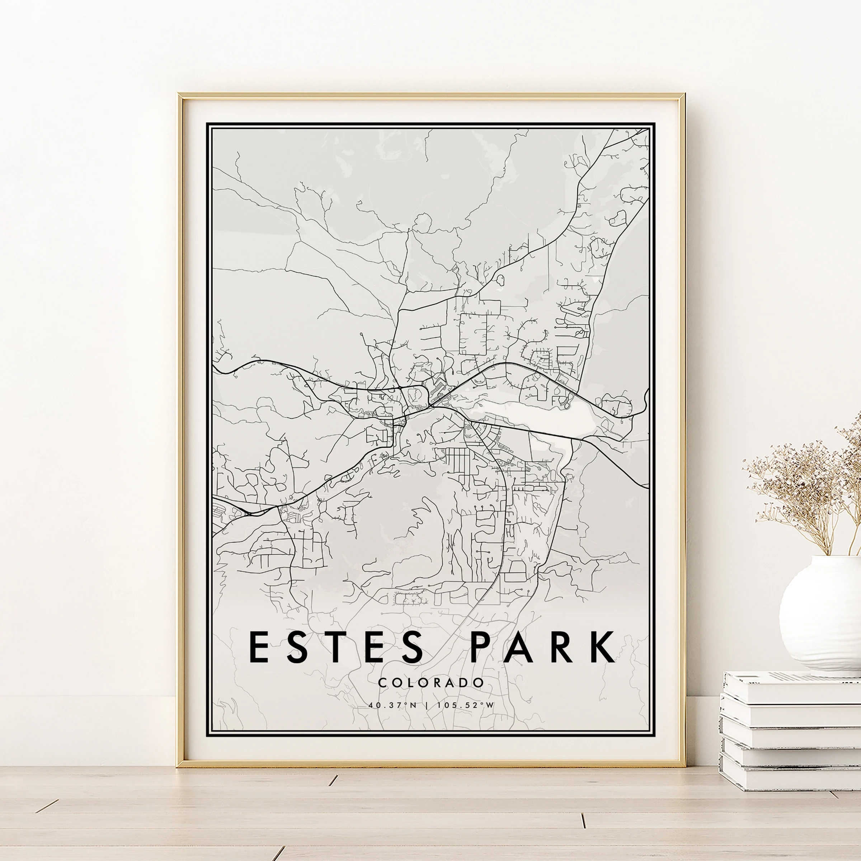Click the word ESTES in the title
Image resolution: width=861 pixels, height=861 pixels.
(337, 646)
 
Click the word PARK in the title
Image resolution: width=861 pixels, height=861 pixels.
(543, 646)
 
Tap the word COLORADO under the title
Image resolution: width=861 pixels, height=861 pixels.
(430, 682)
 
